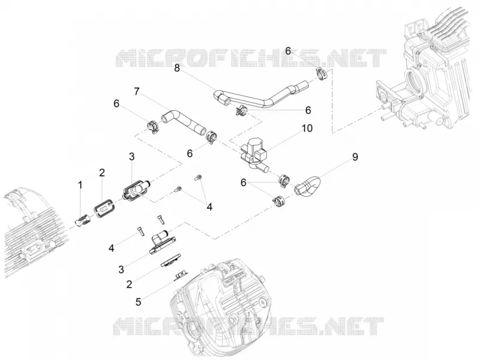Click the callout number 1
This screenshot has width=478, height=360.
click(x=80, y=185)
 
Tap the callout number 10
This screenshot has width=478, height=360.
click(x=307, y=128)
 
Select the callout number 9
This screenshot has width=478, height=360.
click(x=355, y=157)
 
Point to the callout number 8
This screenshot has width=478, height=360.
click(x=177, y=68)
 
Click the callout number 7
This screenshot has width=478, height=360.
click(x=137, y=91)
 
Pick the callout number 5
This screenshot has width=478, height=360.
click(x=138, y=302)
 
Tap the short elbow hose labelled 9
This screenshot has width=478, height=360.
click(x=307, y=185)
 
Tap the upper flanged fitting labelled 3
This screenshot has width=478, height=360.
click(x=136, y=190)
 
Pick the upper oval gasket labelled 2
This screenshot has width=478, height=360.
click(x=103, y=208)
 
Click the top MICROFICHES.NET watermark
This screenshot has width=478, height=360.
click(x=251, y=58)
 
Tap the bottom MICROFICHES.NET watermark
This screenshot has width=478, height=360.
click(x=249, y=326)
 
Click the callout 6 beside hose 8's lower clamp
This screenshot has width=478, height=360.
click(x=308, y=110)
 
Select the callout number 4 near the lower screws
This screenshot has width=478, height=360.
click(x=112, y=248)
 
